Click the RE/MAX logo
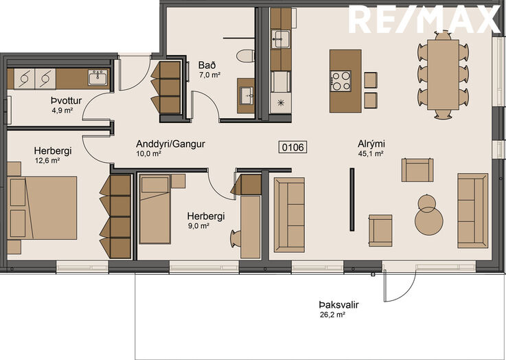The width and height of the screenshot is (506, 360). pyautogui.click(x=425, y=19)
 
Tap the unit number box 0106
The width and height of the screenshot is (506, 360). pyautogui.click(x=293, y=147)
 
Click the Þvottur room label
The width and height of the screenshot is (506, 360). pyautogui.click(x=66, y=100)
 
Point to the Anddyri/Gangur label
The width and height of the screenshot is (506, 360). pyautogui.click(x=170, y=144)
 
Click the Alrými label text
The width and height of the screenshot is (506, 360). pyautogui.click(x=371, y=144)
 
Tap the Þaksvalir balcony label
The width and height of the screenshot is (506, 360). pyautogui.click(x=339, y=305)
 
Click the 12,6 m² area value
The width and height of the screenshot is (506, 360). pyautogui.click(x=47, y=161)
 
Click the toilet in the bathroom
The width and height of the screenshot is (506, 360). pyautogui.click(x=246, y=56)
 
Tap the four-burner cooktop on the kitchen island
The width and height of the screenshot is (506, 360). pyautogui.click(x=341, y=80)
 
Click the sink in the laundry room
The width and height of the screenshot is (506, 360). pyautogui.click(x=97, y=77)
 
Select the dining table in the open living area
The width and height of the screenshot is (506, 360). pyautogui.click(x=443, y=75)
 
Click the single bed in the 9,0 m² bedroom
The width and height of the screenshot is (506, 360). pyautogui.click(x=155, y=210)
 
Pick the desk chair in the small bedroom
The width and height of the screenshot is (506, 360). pyautogui.click(x=236, y=239)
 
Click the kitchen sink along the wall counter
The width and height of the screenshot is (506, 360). pyautogui.click(x=281, y=38)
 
